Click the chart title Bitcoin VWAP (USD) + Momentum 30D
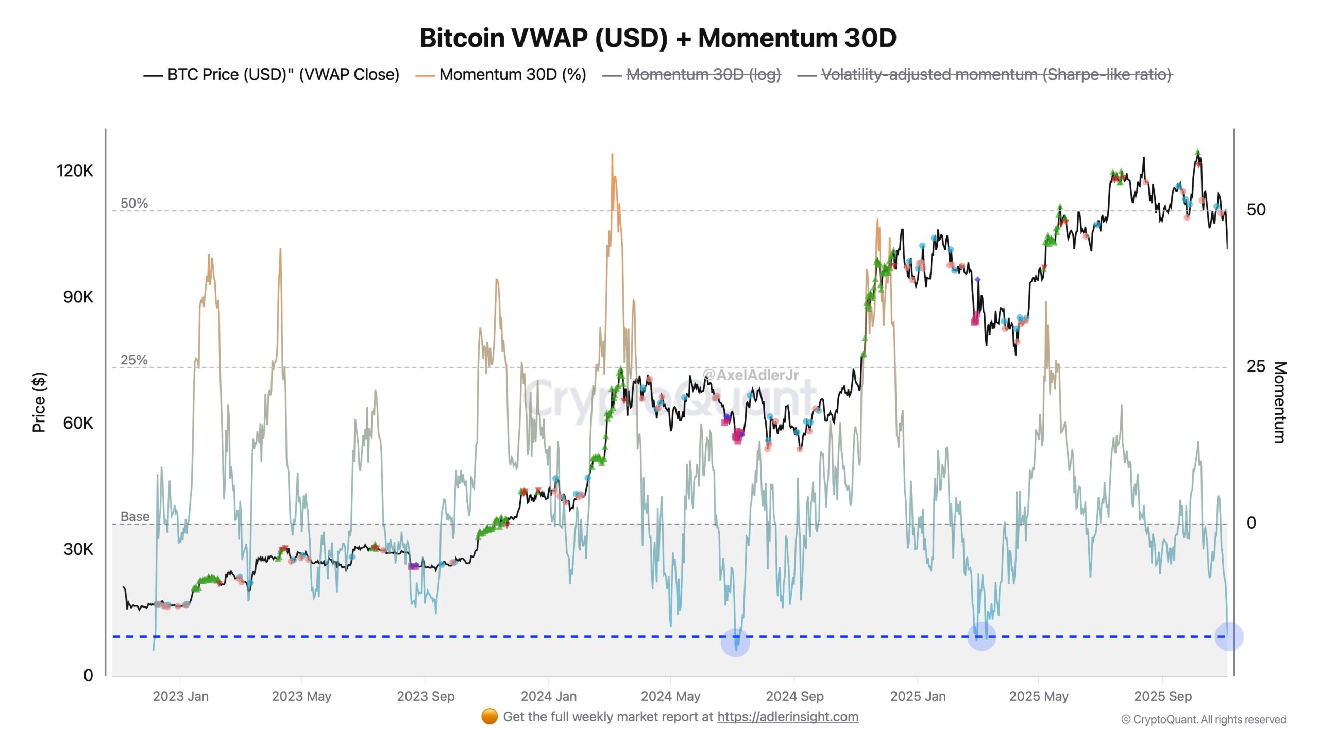pos(658,38)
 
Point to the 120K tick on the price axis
pos(75,171)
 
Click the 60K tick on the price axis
pos(78,423)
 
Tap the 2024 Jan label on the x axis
pos(548,696)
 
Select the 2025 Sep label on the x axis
pos(1162,696)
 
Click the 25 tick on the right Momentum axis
pos(1256,366)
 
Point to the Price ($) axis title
pos(39,402)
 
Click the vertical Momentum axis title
pos(1280,402)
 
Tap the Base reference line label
pos(134,516)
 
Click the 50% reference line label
pos(134,203)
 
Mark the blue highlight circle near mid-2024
pos(735,643)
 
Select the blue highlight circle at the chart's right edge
pos(1229,637)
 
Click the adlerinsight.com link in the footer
pos(787,717)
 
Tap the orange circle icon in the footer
pos(489,716)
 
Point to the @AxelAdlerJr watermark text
pos(750,375)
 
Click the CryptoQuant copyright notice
pos(1204,719)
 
